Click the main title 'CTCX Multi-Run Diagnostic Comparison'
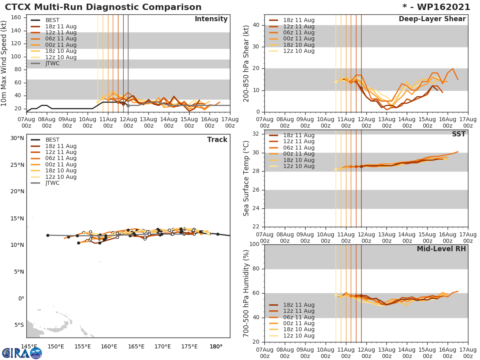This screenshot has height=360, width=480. coord(103,7)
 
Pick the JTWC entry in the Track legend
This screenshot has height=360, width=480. coord(52,183)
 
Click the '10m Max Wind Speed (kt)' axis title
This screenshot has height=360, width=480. coord(4,63)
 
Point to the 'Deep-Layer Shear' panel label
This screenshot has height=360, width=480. coord(432,19)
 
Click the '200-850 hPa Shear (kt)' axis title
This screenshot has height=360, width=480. coord(247,63)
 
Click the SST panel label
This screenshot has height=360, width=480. coord(458,134)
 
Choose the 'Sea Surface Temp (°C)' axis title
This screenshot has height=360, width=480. coord(247,178)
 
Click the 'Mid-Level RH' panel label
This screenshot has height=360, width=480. coord(441,249)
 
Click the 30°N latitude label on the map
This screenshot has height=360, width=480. coord(17,138)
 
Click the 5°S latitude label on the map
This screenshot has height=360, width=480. coord(19,325)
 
